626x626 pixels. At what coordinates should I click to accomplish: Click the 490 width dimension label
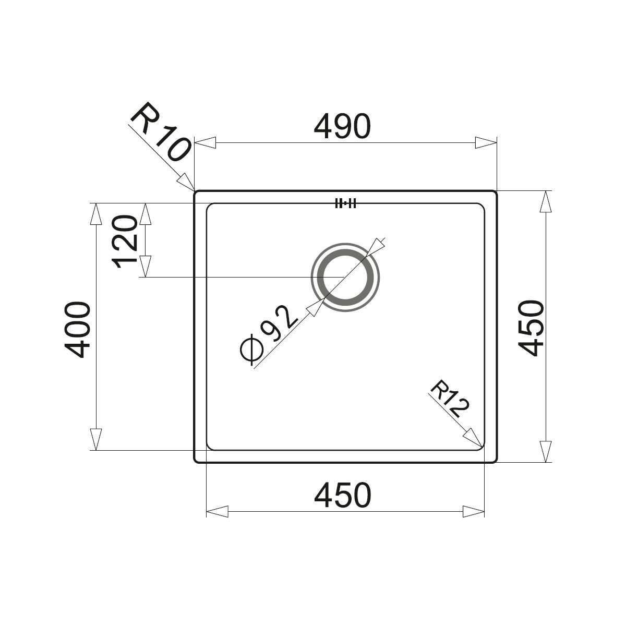pyautogui.click(x=342, y=126)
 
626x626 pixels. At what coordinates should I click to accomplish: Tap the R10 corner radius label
pyautogui.click(x=160, y=132)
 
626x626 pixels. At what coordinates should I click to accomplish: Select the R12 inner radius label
pyautogui.click(x=450, y=399)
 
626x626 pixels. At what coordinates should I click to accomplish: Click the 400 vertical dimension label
pyautogui.click(x=77, y=330)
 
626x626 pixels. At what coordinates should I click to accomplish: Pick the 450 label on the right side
pyautogui.click(x=531, y=328)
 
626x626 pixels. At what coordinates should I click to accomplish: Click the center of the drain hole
pyautogui.click(x=345, y=277)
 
